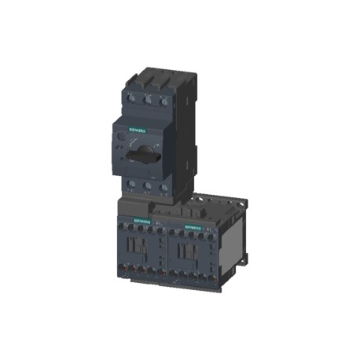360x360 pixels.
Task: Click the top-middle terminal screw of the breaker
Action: (147, 101)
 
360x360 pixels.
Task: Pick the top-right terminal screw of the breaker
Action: (163, 101)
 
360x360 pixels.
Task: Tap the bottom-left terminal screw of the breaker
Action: (131, 186)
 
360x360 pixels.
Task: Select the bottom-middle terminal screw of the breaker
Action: (147, 186)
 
